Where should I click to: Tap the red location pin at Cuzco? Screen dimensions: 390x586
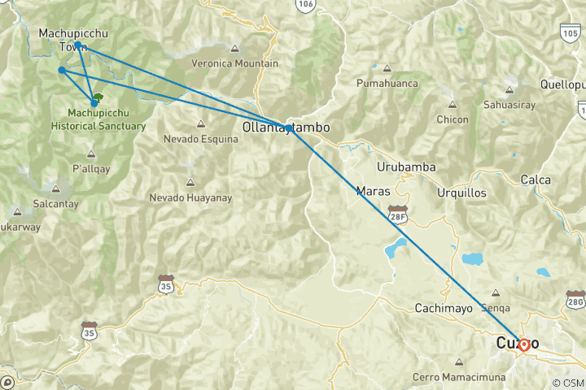pyautogui.click(x=524, y=344)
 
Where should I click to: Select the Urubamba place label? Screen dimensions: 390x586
pyautogui.click(x=406, y=167)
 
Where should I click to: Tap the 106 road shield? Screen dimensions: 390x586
pyautogui.click(x=304, y=5)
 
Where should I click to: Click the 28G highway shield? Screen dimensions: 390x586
pyautogui.click(x=575, y=302)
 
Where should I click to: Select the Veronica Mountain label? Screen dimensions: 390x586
pyautogui.click(x=234, y=63)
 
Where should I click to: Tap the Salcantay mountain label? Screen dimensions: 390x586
pyautogui.click(x=33, y=204)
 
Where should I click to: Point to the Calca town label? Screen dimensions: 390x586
pyautogui.click(x=536, y=180)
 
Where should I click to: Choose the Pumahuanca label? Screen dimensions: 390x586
pyautogui.click(x=387, y=83)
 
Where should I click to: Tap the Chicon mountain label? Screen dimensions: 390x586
pyautogui.click(x=452, y=119)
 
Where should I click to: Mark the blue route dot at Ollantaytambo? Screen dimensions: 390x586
pyautogui.click(x=288, y=128)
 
